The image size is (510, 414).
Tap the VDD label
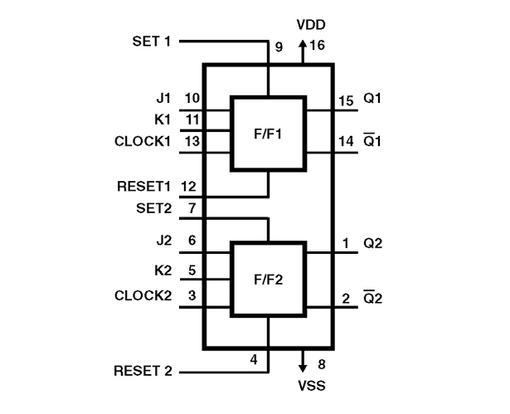(x=311, y=25)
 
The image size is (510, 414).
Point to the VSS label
(x=312, y=386)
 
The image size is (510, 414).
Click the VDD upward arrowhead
(x=303, y=44)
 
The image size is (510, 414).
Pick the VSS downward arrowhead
(x=303, y=368)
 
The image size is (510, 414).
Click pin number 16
(x=317, y=45)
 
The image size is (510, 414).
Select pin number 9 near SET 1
(x=279, y=47)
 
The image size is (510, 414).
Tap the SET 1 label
(x=152, y=41)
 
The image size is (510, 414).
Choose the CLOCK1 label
(x=143, y=141)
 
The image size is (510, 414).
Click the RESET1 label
(x=143, y=187)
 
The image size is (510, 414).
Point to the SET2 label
(x=153, y=208)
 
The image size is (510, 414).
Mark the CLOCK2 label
(x=143, y=295)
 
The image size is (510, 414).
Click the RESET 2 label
(x=143, y=371)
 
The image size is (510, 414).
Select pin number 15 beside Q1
(x=346, y=101)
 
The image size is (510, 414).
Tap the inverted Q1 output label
(x=372, y=140)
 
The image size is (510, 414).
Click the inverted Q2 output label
(x=372, y=297)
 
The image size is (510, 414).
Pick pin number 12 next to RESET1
(x=189, y=187)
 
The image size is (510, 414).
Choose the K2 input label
(x=163, y=270)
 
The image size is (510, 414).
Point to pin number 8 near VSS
(x=322, y=364)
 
